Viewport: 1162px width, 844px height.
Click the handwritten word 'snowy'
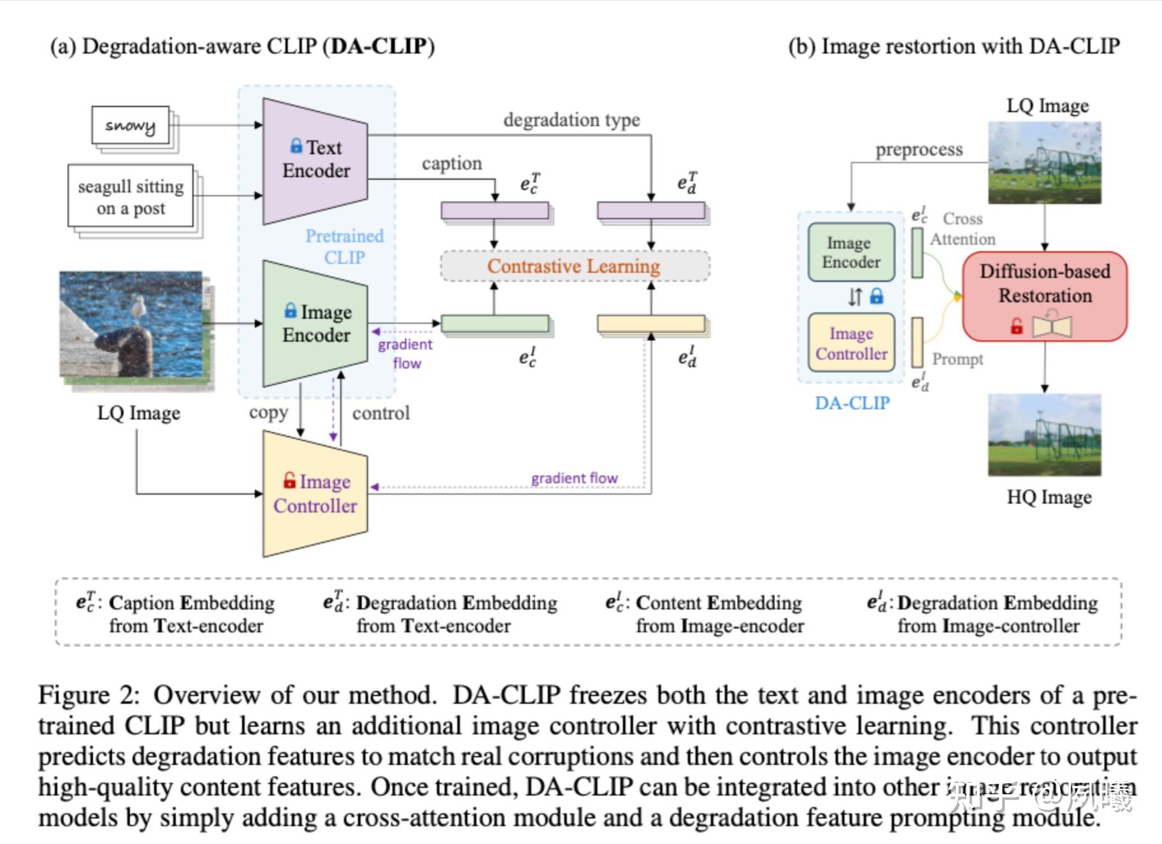click(x=130, y=126)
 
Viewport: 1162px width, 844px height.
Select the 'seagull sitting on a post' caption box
click(x=131, y=197)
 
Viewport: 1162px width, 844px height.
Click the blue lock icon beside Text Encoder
click(x=296, y=146)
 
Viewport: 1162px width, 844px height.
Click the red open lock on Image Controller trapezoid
click(x=290, y=480)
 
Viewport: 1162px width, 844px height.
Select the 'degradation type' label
click(x=571, y=120)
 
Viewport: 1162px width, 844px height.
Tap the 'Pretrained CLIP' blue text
click(x=345, y=247)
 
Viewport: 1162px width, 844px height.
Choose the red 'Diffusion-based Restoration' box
click(x=1045, y=295)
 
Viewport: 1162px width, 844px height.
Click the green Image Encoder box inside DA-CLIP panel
click(x=851, y=252)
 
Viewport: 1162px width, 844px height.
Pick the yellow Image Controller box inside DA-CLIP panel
click(x=851, y=343)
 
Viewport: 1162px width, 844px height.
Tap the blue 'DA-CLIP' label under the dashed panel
click(x=852, y=403)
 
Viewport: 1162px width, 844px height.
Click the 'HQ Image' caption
click(x=1049, y=497)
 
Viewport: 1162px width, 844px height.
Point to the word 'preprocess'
click(x=919, y=150)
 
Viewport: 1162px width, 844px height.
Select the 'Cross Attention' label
click(x=963, y=229)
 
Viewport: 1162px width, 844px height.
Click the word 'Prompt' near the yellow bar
click(x=958, y=359)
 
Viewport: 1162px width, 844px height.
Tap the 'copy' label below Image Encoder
click(x=268, y=413)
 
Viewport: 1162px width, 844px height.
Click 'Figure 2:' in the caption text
click(x=89, y=695)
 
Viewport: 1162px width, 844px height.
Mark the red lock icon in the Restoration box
click(x=1017, y=327)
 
